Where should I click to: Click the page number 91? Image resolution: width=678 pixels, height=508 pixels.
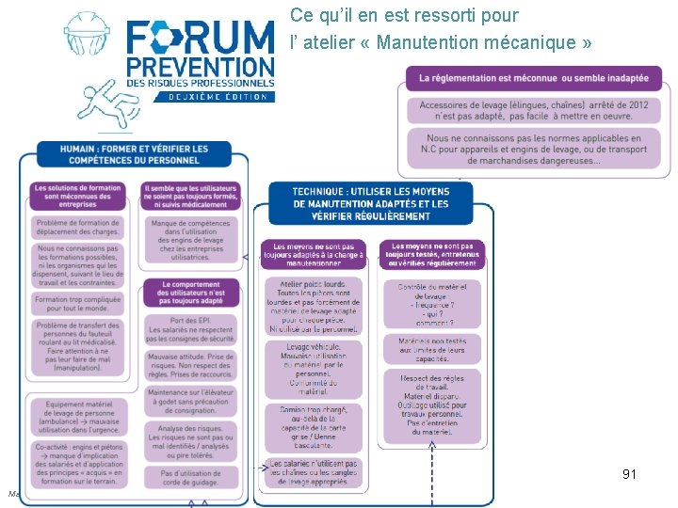coord(629,474)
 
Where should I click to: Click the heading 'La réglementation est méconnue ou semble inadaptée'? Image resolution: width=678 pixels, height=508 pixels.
coord(534,78)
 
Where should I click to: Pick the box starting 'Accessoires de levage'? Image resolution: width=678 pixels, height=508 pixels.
coord(534,110)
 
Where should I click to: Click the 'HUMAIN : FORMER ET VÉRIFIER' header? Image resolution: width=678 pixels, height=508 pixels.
coord(134,155)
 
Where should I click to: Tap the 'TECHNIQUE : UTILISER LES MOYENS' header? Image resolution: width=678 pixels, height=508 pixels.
coord(370,203)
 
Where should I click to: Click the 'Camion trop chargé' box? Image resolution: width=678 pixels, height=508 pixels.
coord(314,427)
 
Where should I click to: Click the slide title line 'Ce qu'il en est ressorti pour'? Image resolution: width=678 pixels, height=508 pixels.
coord(404,16)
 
